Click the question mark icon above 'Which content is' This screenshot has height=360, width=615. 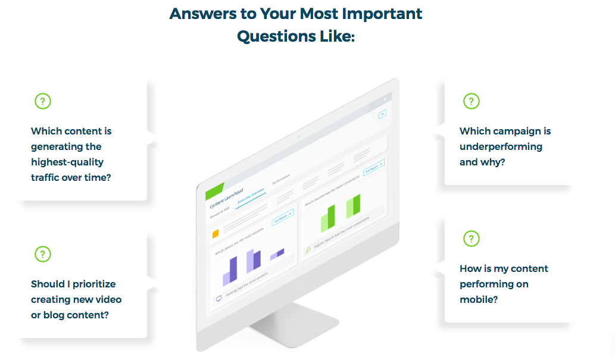click(x=43, y=101)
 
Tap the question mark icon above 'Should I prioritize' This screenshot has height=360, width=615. click(x=43, y=254)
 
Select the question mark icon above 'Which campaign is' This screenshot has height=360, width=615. click(x=472, y=101)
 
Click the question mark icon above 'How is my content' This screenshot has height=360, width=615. click(x=472, y=239)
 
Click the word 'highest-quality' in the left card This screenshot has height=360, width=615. click(x=67, y=162)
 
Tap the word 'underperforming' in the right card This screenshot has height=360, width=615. click(x=501, y=146)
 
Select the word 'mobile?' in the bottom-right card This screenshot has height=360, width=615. click(x=479, y=299)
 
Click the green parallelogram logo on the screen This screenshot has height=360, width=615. click(x=214, y=190)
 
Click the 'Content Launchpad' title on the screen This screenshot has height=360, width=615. click(x=226, y=200)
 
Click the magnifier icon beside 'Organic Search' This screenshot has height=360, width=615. click(x=308, y=250)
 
